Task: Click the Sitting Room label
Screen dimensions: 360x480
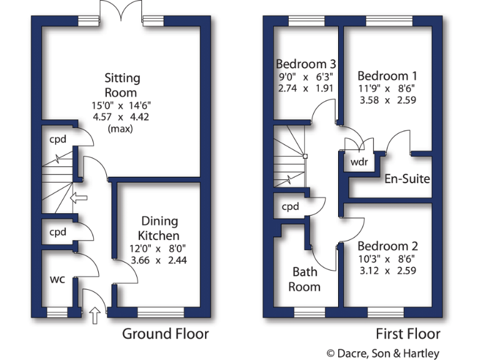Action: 122,85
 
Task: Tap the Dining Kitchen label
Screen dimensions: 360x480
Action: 159,228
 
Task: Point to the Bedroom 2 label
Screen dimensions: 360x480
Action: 387,246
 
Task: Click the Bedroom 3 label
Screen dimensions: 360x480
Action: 306,64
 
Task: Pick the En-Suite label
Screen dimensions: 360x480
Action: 407,179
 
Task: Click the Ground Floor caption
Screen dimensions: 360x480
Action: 165,334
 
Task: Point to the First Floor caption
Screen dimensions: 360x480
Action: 408,334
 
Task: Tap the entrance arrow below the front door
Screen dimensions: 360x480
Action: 95,316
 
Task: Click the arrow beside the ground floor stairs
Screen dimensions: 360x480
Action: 79,199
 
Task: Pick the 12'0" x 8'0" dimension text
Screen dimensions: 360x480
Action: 159,249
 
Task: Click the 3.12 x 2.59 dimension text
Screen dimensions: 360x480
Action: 387,271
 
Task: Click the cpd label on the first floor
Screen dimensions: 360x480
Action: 290,206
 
